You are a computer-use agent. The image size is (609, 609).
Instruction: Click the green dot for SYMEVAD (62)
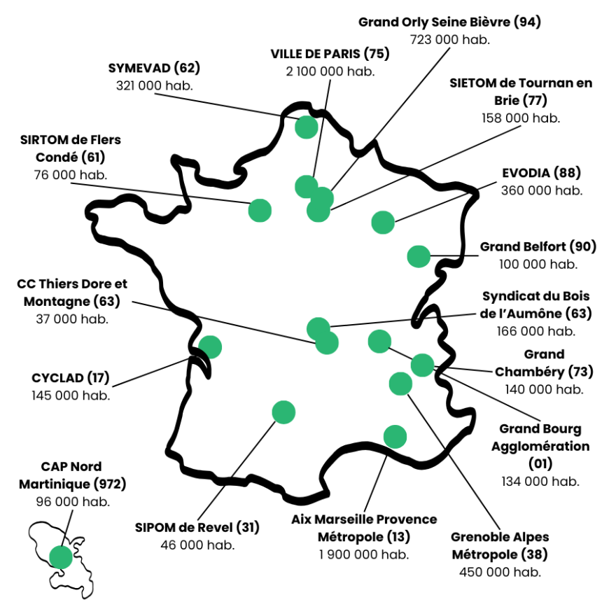[x=307, y=127]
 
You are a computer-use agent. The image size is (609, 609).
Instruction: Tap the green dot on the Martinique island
[x=61, y=557]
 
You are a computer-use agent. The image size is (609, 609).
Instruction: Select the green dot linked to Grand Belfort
[x=419, y=256]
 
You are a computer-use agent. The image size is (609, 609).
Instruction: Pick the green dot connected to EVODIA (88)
[x=383, y=223]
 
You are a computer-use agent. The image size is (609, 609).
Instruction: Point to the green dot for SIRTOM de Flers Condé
[x=260, y=209]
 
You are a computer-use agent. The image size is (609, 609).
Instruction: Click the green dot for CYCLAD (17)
[x=210, y=346]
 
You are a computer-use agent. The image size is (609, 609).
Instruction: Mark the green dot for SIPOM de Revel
[x=283, y=412]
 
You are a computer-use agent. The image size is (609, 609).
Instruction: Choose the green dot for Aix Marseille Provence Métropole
[x=395, y=436]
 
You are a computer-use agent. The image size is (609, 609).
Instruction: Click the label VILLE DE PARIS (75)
[x=330, y=54]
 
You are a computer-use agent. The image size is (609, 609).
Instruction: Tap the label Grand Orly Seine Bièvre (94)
[x=449, y=22]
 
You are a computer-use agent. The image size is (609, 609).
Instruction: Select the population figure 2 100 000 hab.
[x=330, y=71]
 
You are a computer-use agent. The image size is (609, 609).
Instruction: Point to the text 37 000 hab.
[x=72, y=318]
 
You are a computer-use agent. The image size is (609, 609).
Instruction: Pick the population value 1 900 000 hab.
[x=364, y=554]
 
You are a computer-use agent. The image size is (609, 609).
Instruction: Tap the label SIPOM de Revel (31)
[x=197, y=527]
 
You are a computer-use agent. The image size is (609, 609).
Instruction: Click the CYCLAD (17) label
[x=71, y=378]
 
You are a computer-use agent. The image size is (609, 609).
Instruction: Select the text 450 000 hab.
[x=500, y=572]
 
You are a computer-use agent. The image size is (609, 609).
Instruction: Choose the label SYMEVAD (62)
[x=154, y=68]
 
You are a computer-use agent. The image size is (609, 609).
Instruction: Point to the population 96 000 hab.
[x=72, y=501]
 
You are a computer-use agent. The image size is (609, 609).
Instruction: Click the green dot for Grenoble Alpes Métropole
[x=400, y=384]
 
